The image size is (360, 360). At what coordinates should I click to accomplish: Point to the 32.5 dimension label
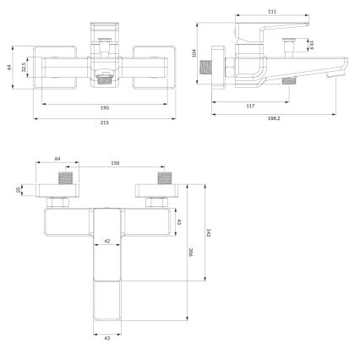25,65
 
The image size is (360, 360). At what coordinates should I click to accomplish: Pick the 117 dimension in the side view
250,106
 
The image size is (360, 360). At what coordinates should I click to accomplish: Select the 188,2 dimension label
273,120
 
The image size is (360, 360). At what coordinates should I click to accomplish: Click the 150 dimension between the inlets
115,163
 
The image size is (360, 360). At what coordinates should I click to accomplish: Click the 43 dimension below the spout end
106,340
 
